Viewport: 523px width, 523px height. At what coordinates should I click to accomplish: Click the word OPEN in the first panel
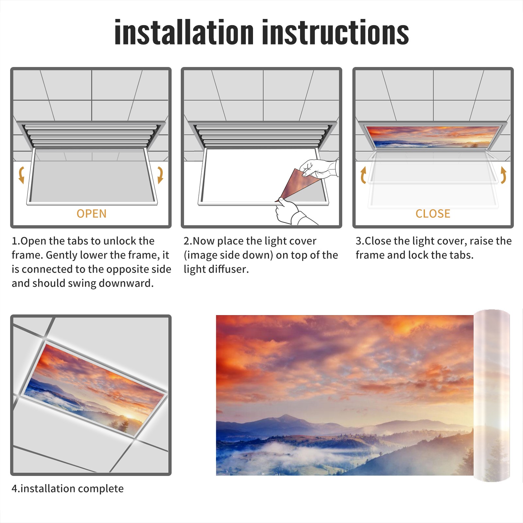tap(92, 214)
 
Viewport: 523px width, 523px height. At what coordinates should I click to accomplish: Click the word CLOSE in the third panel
tap(433, 214)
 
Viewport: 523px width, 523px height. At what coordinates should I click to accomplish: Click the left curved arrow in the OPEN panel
tap(22, 175)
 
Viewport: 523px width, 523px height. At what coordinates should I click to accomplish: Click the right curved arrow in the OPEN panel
tap(160, 175)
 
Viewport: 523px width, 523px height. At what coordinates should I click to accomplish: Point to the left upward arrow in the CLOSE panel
tap(363, 175)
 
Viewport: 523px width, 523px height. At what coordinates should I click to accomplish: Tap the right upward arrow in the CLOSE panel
tap(503, 175)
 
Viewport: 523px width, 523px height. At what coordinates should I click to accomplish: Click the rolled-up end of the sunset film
tap(492, 396)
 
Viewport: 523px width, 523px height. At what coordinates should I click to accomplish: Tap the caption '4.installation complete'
tap(68, 489)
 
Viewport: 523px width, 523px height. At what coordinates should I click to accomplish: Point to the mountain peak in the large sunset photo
tap(285, 416)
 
